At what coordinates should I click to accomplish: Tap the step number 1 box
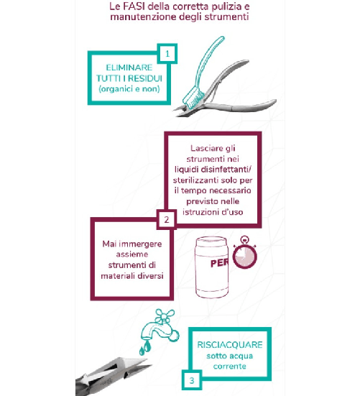point(167,53)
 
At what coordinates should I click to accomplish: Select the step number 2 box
point(167,219)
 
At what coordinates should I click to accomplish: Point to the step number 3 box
point(192,380)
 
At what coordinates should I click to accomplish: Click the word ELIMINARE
point(129,68)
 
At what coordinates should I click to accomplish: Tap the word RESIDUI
point(145,78)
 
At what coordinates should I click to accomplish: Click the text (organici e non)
point(129,89)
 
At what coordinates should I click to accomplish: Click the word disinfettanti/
point(226,169)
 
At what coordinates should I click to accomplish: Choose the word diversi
point(150,275)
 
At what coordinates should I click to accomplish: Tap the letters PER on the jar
point(219,264)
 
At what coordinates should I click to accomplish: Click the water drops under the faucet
point(145,348)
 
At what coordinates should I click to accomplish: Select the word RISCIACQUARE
point(230,345)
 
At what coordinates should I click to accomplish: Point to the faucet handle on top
point(165,316)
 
